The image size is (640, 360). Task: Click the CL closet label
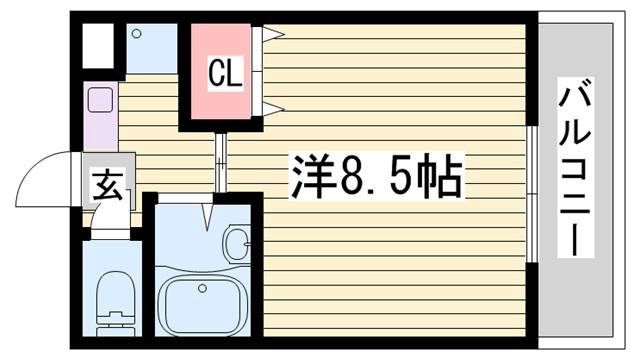coord(224,73)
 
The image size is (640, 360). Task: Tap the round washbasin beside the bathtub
coord(239,243)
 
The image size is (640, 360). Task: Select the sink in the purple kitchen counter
coord(100,100)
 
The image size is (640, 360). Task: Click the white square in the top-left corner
coord(96,44)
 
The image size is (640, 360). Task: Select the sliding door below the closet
coord(220,161)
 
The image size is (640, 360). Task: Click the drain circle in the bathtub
coord(203,289)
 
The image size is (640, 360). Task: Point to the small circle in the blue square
coord(138,34)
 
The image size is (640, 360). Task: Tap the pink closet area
coord(223,73)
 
